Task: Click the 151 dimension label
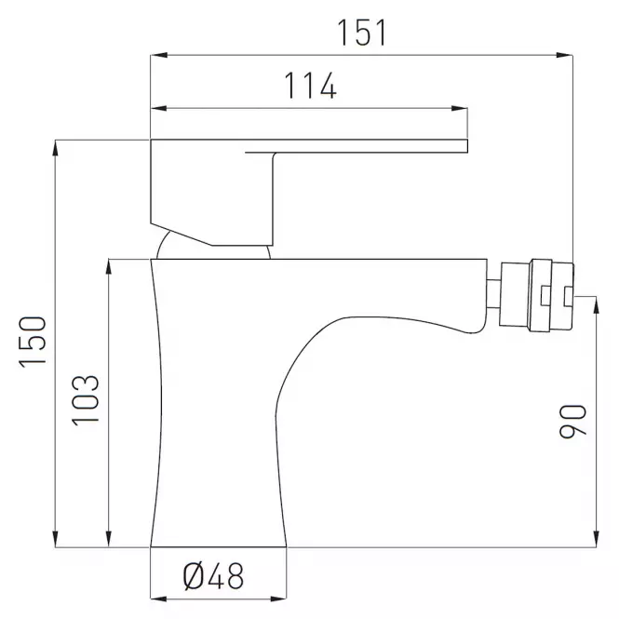pos(361,33)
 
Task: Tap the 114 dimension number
pos(310,86)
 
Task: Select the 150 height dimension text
pos(33,342)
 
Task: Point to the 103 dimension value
pos(86,400)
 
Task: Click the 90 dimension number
pos(572,422)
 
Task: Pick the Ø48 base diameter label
pos(213,576)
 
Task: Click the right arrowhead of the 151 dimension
pos(564,55)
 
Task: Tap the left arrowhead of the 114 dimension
pos(158,108)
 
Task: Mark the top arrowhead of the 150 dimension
pos(55,148)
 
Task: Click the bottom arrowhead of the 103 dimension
pos(109,539)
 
